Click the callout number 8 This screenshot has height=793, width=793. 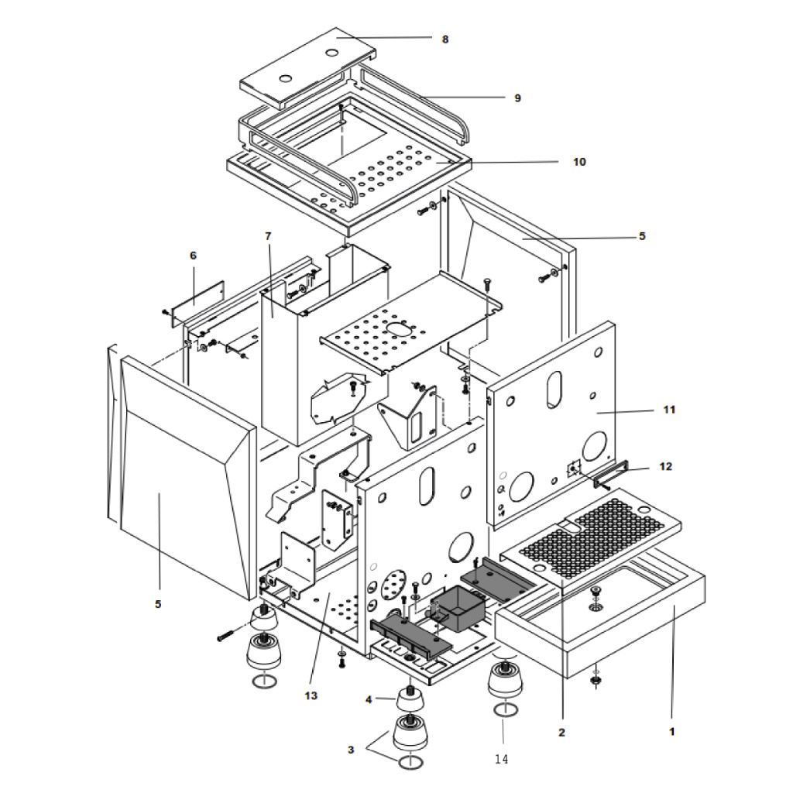pyautogui.click(x=445, y=39)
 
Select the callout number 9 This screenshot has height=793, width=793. pyautogui.click(x=517, y=98)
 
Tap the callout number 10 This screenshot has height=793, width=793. pyautogui.click(x=579, y=162)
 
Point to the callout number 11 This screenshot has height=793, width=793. pyautogui.click(x=669, y=410)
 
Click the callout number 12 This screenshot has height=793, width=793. pyautogui.click(x=665, y=466)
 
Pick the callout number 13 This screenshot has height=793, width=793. pyautogui.click(x=311, y=696)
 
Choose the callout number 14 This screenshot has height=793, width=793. pyautogui.click(x=501, y=759)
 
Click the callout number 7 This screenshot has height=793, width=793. pyautogui.click(x=268, y=236)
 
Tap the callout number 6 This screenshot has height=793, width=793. pyautogui.click(x=193, y=256)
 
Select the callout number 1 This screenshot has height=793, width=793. pyautogui.click(x=671, y=731)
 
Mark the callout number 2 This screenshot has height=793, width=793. pyautogui.click(x=561, y=733)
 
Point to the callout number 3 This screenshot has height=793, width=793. pyautogui.click(x=351, y=750)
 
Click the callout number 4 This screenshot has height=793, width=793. pyautogui.click(x=369, y=699)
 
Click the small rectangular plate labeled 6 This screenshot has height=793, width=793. pyautogui.click(x=198, y=304)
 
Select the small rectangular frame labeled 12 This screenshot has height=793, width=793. pyautogui.click(x=612, y=475)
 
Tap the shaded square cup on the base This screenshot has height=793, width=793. pyautogui.click(x=458, y=609)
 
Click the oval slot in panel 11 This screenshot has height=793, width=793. pyautogui.click(x=554, y=390)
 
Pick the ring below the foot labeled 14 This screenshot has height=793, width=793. pyautogui.click(x=506, y=709)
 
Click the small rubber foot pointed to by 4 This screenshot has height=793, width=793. pyautogui.click(x=410, y=699)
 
